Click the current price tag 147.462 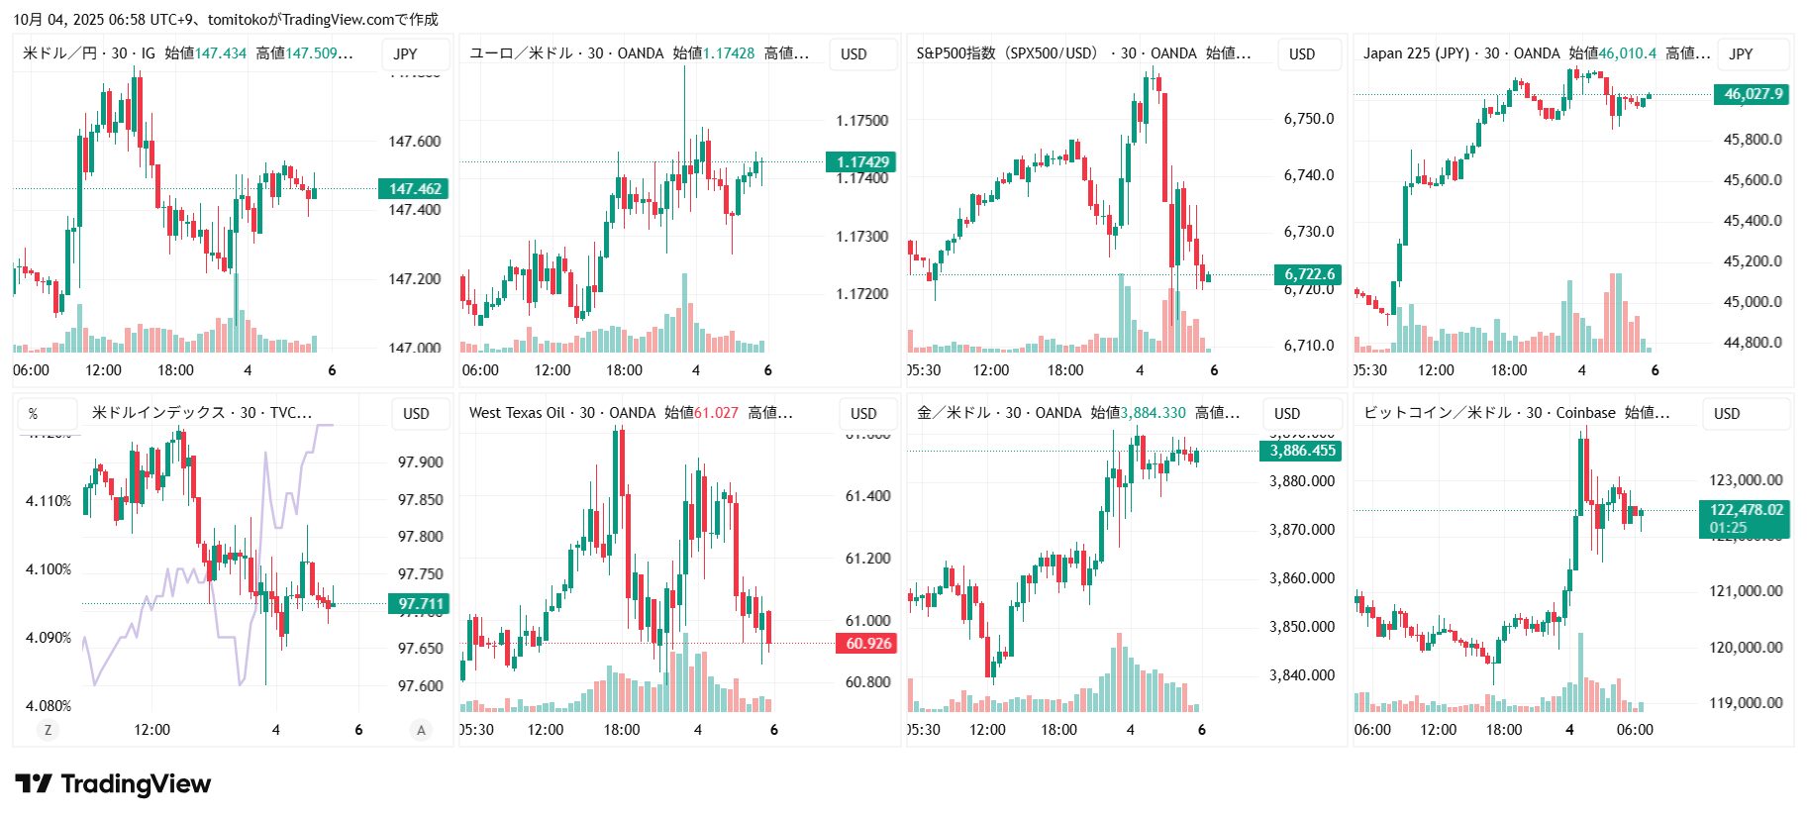tap(414, 189)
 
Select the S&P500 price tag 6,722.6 tap(1309, 274)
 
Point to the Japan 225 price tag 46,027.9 tap(1753, 94)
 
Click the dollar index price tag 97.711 tap(420, 604)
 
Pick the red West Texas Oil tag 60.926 tap(868, 644)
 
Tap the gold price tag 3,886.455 tap(1302, 451)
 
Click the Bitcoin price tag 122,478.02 tap(1746, 510)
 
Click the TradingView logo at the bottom tap(113, 784)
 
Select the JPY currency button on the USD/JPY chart tap(405, 54)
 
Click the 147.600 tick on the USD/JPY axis tap(414, 142)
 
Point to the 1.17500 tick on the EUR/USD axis tap(861, 121)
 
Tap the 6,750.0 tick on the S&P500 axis tap(1308, 119)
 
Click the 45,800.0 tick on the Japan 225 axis tap(1752, 140)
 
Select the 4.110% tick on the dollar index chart tap(49, 501)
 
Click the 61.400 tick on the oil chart tap(867, 496)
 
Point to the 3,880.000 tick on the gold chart tap(1301, 481)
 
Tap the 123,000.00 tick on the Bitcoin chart tap(1745, 480)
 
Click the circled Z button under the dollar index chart tap(48, 730)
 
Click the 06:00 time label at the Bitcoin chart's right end tap(1634, 730)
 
